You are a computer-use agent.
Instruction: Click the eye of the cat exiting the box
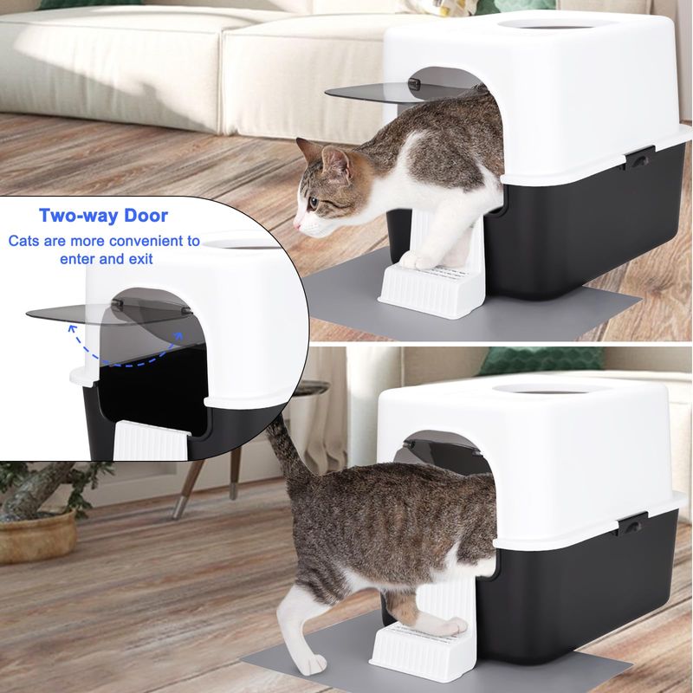(x=313, y=204)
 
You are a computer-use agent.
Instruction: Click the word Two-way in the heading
(x=78, y=216)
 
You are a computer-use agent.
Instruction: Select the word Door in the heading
(x=146, y=216)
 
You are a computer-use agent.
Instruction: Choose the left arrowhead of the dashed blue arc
(x=72, y=327)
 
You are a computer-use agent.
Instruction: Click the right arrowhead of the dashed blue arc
(x=178, y=336)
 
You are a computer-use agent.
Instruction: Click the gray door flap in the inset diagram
(x=109, y=313)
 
